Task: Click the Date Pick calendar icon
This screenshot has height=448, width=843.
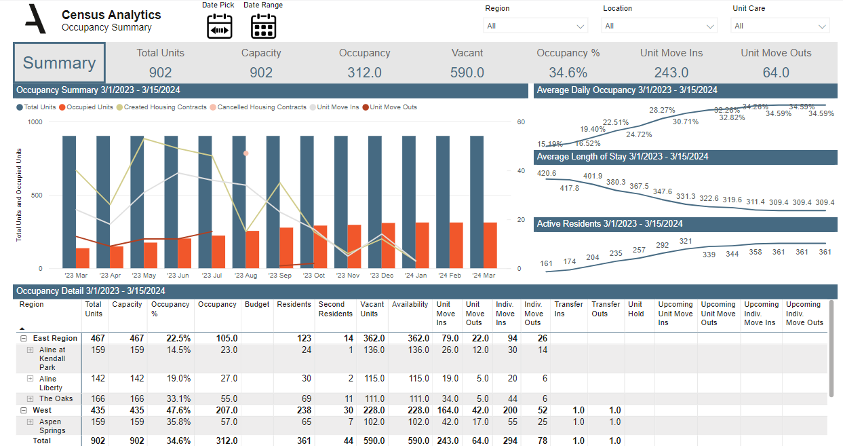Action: [x=220, y=26]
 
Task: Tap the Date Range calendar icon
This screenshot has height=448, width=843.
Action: [x=263, y=26]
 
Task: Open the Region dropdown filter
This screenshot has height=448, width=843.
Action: [x=535, y=26]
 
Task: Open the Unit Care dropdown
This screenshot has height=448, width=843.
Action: [x=780, y=26]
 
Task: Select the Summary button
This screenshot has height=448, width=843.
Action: [x=59, y=63]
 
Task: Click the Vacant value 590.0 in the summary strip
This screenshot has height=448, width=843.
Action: [x=467, y=73]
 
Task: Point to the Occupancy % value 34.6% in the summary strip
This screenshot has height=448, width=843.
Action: [x=568, y=73]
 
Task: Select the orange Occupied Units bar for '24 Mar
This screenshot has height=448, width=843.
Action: [x=490, y=245]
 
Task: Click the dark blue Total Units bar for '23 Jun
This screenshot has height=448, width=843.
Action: [x=171, y=202]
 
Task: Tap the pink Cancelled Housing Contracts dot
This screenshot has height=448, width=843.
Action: [x=246, y=153]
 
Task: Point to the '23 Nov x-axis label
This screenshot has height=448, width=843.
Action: [x=348, y=276]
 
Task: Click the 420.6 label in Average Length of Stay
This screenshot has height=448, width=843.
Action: [x=547, y=173]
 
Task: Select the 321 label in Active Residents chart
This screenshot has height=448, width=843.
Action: [x=686, y=241]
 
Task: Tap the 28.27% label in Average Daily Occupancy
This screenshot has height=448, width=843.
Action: [x=662, y=110]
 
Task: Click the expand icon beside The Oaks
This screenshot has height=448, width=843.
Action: [x=30, y=398]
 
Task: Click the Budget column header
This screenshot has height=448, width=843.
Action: [x=252, y=305]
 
